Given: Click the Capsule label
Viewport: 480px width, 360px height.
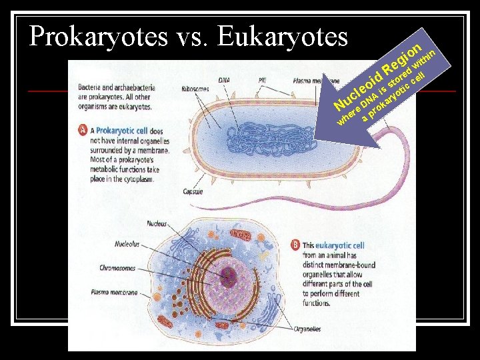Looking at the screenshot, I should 193,192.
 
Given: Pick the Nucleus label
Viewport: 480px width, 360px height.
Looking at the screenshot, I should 157,223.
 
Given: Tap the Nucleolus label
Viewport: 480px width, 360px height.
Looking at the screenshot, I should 127,244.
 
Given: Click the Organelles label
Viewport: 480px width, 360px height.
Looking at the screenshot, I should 306,329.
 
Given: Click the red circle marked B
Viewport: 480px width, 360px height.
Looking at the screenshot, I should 295,245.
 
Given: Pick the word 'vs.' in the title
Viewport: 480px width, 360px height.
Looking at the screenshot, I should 192,37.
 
